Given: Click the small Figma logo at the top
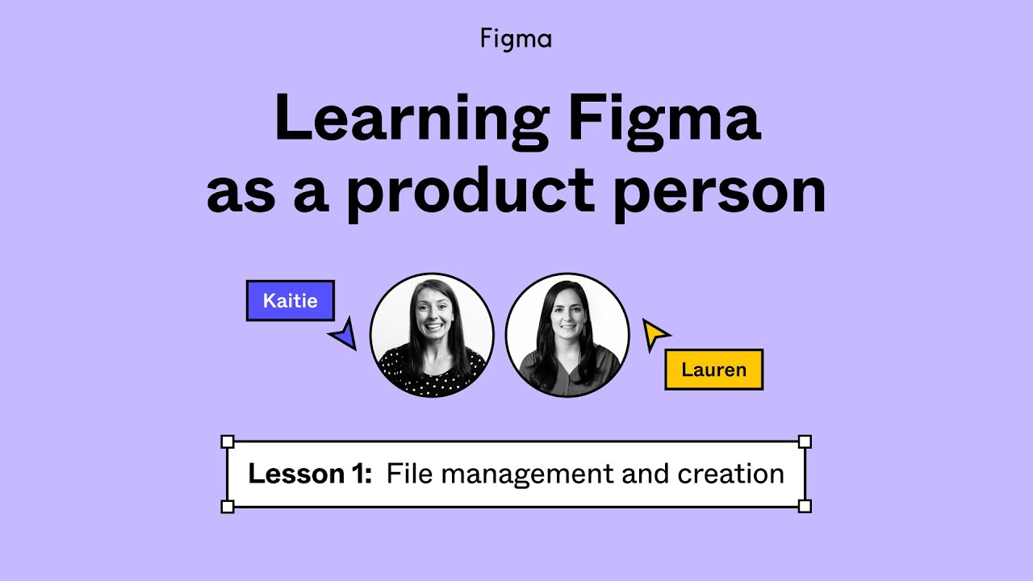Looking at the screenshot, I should coord(516,39).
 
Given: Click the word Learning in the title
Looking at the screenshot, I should coord(408,119).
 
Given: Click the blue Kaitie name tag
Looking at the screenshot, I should coord(290,301).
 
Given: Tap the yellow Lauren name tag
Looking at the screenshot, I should coord(713,370).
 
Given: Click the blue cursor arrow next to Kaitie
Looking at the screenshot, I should coord(345,334).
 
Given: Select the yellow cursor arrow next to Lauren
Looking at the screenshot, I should coord(654,333).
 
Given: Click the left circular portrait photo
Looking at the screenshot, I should coord(432,335).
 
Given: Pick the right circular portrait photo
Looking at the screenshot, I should coord(567,335).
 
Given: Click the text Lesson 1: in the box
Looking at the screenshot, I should coord(310,474).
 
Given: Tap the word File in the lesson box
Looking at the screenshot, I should coord(409,474).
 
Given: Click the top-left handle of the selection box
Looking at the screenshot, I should coord(228,441).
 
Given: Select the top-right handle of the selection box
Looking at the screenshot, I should coord(804,441).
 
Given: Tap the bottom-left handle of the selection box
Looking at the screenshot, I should coord(228,506).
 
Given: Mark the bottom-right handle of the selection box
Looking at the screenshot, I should coord(804,506).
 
